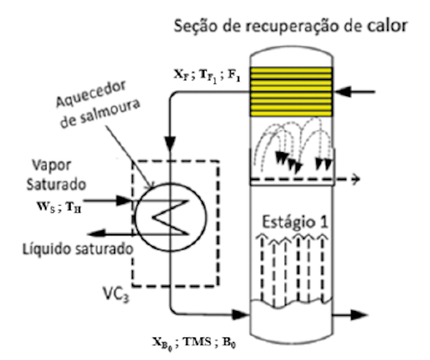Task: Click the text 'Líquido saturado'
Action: [77, 249]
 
